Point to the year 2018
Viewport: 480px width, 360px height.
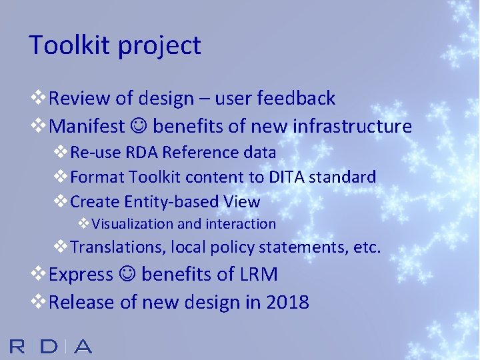coord(287,302)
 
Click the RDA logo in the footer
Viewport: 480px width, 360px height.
coord(51,346)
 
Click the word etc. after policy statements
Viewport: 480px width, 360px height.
coord(367,247)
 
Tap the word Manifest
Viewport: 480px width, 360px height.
coord(87,126)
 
